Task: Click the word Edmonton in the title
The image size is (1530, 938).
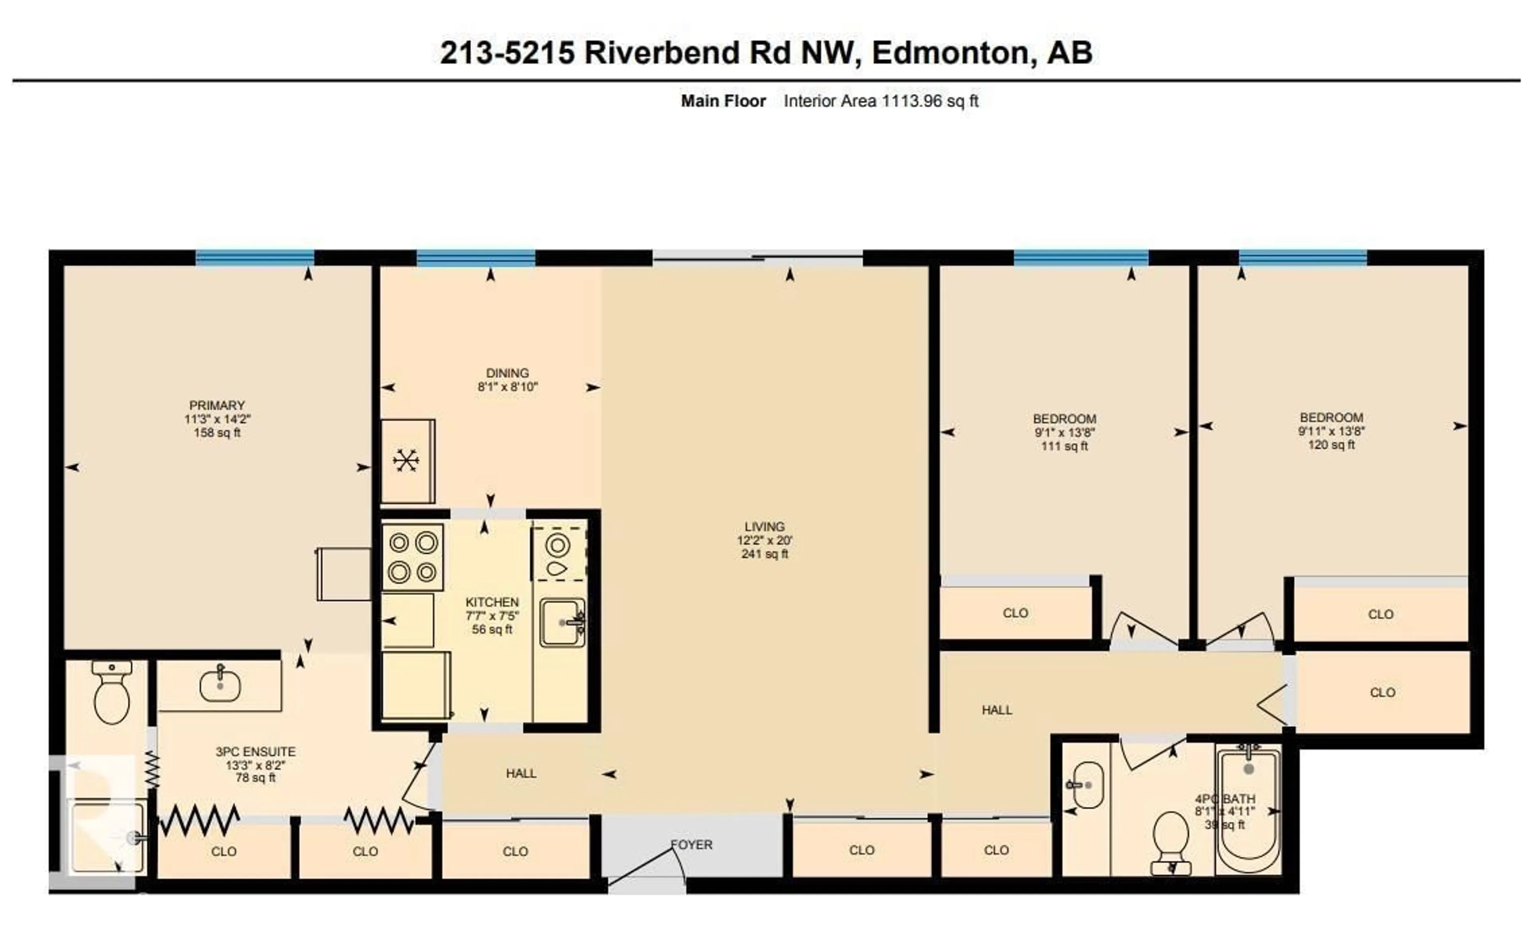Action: pos(950,52)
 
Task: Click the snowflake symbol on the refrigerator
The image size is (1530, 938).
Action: pos(406,460)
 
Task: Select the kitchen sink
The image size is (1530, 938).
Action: pos(561,622)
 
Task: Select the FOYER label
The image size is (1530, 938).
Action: pos(691,844)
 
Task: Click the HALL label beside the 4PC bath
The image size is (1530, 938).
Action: pos(996,709)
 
